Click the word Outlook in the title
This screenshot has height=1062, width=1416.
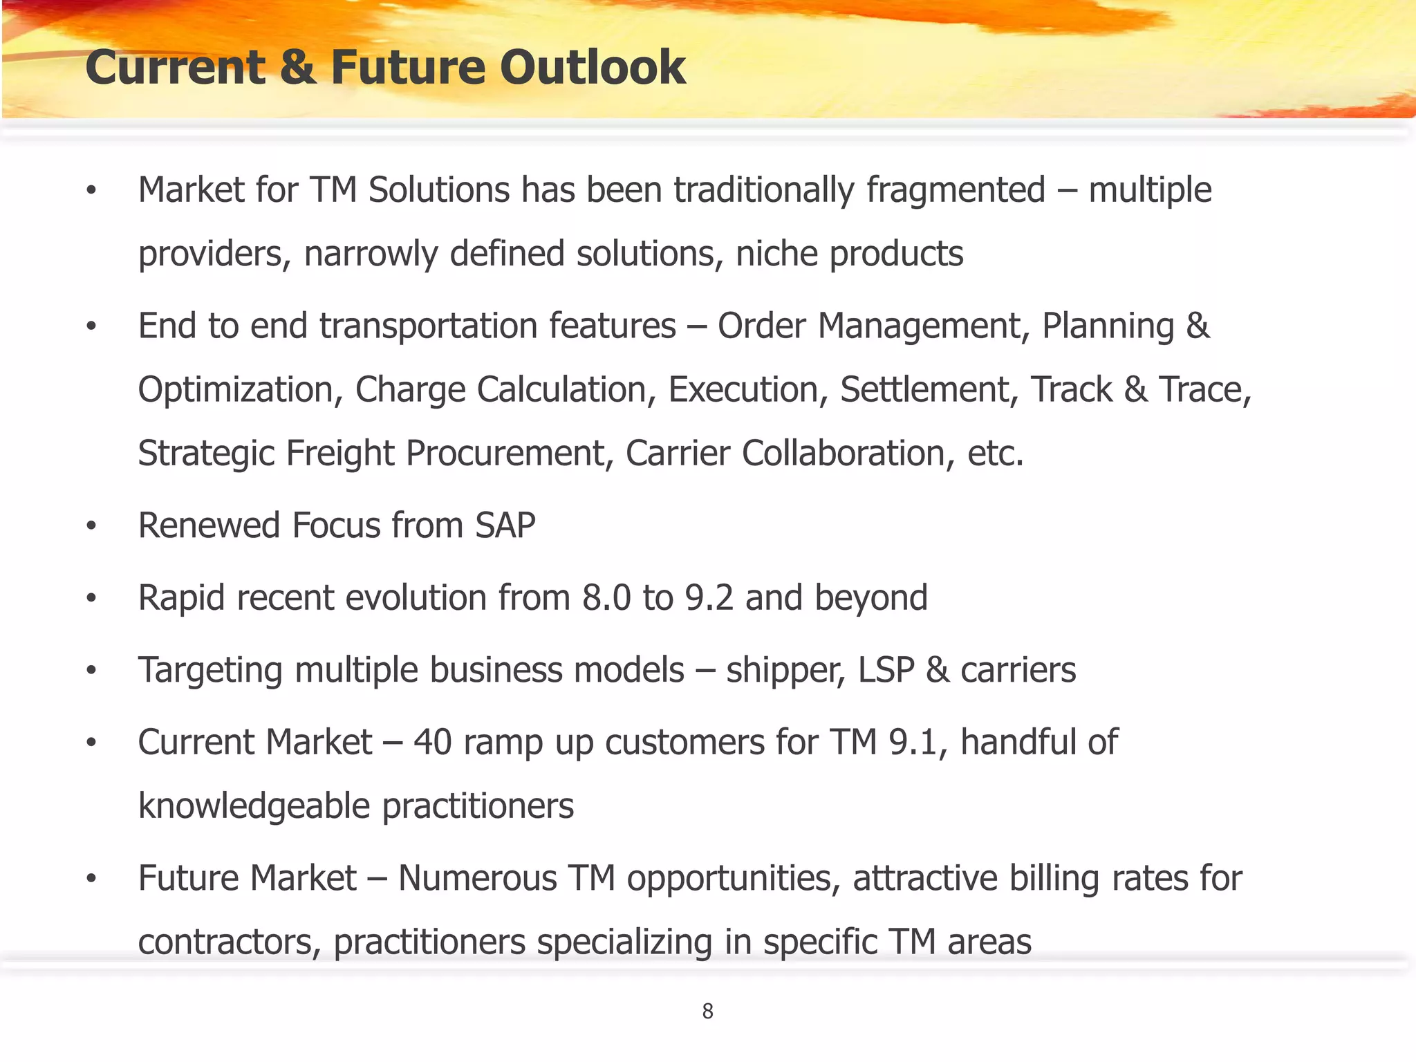coord(593,68)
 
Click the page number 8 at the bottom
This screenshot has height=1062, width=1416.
coord(707,1011)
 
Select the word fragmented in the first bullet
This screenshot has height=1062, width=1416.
coord(956,190)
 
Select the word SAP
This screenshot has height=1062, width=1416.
coord(505,525)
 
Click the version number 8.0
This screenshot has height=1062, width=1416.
coord(606,598)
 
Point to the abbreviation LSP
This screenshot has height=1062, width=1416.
coord(886,670)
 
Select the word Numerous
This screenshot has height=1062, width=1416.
coord(477,879)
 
